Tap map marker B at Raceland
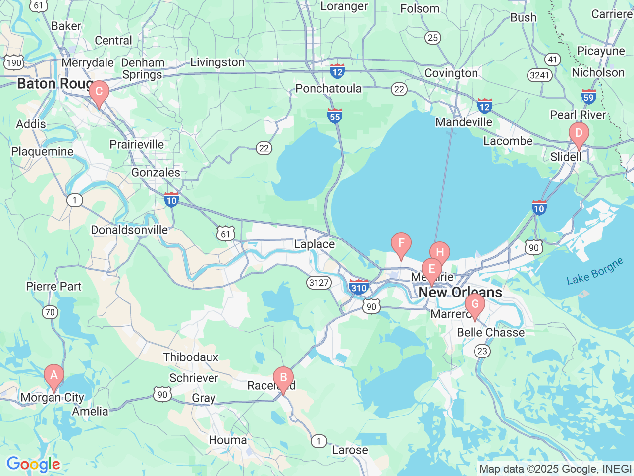[x=283, y=378]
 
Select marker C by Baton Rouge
[x=99, y=92]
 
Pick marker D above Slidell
[x=579, y=134]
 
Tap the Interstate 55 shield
[x=335, y=116]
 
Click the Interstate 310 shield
[x=358, y=287]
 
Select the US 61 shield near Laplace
[x=225, y=234]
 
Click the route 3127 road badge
[x=318, y=283]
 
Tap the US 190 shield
[x=14, y=62]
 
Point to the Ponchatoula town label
[x=328, y=89]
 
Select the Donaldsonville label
[x=129, y=230]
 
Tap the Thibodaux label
[x=191, y=357]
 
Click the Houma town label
[x=227, y=440]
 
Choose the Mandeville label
[x=464, y=122]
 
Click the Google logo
[x=33, y=465]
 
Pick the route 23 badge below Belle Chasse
[x=482, y=351]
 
